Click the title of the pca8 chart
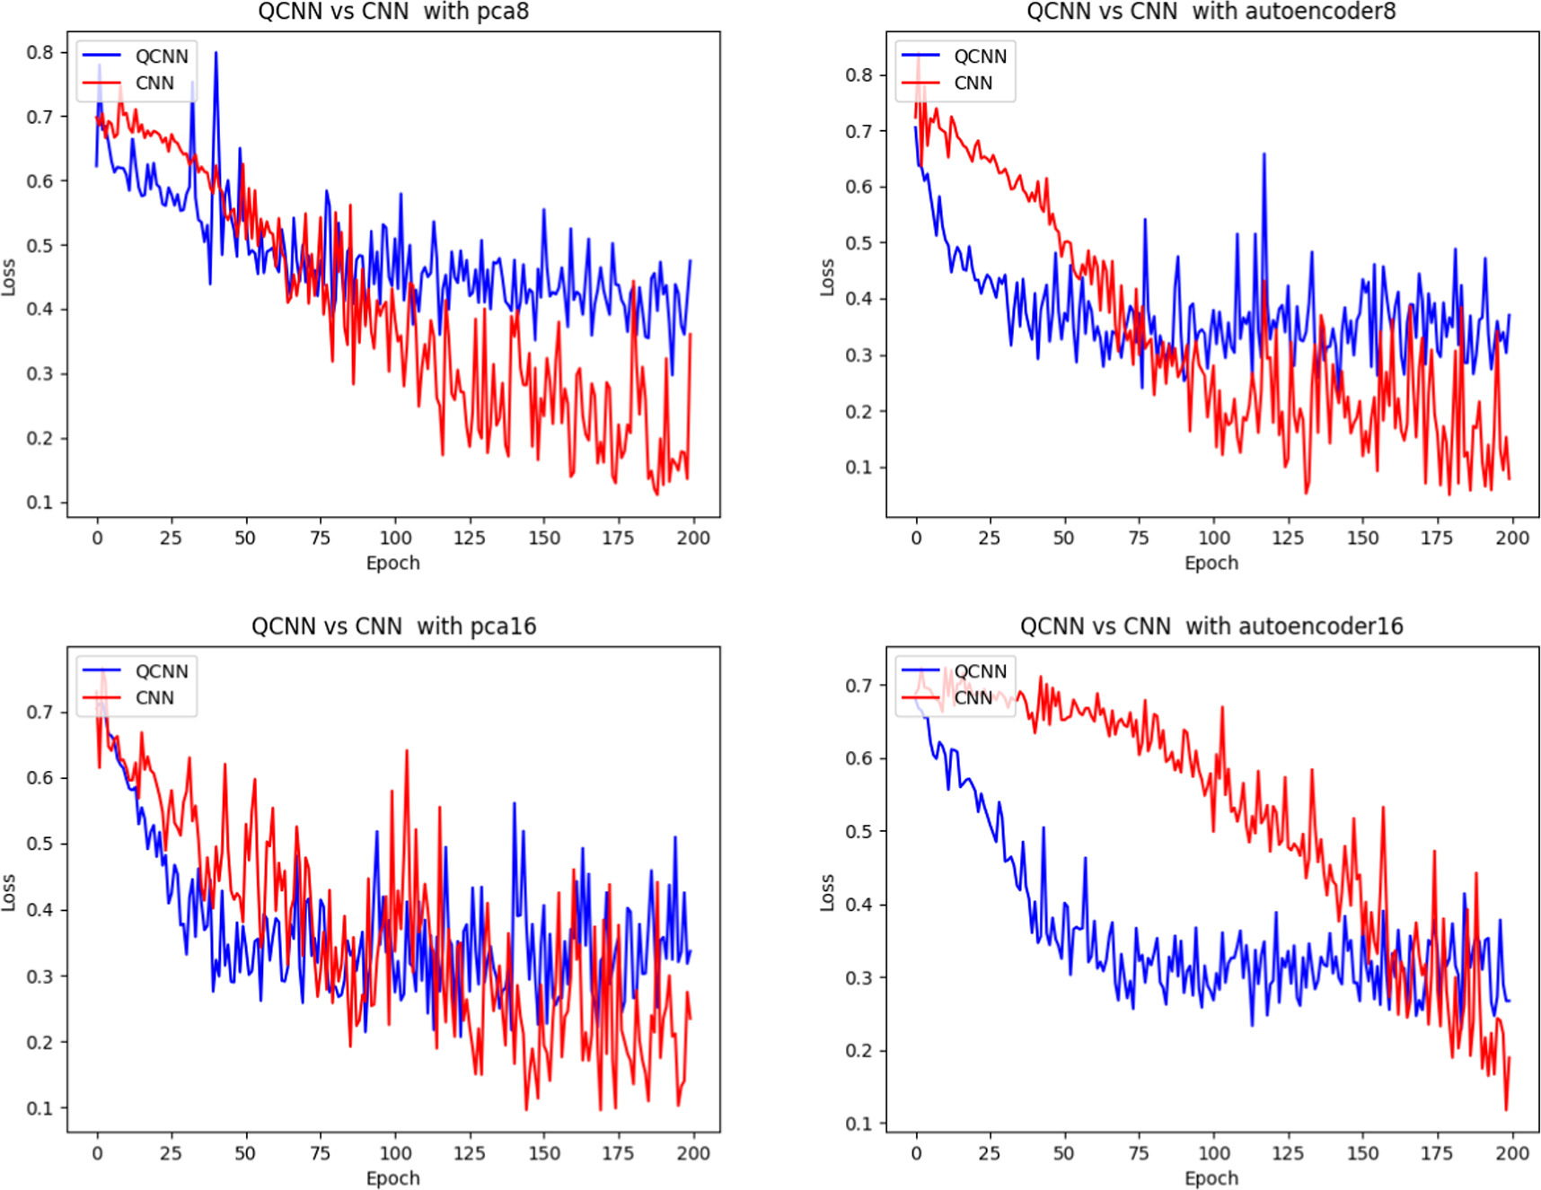click(393, 12)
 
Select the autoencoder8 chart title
click(1211, 12)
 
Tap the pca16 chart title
click(393, 626)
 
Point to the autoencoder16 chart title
click(1211, 626)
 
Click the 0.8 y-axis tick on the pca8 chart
click(40, 52)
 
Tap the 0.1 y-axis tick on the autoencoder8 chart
click(859, 468)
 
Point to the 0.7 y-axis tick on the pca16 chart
click(40, 713)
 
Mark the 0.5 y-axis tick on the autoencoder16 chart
click(859, 832)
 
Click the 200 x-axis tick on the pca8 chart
click(693, 538)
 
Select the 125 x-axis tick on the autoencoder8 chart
click(1288, 538)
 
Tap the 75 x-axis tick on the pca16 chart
click(320, 1152)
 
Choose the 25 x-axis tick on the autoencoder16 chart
click(990, 1152)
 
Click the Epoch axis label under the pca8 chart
click(393, 564)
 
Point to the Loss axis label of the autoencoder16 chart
click(827, 893)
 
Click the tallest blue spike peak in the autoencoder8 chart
click(1264, 154)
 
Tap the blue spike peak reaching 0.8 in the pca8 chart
click(216, 53)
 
